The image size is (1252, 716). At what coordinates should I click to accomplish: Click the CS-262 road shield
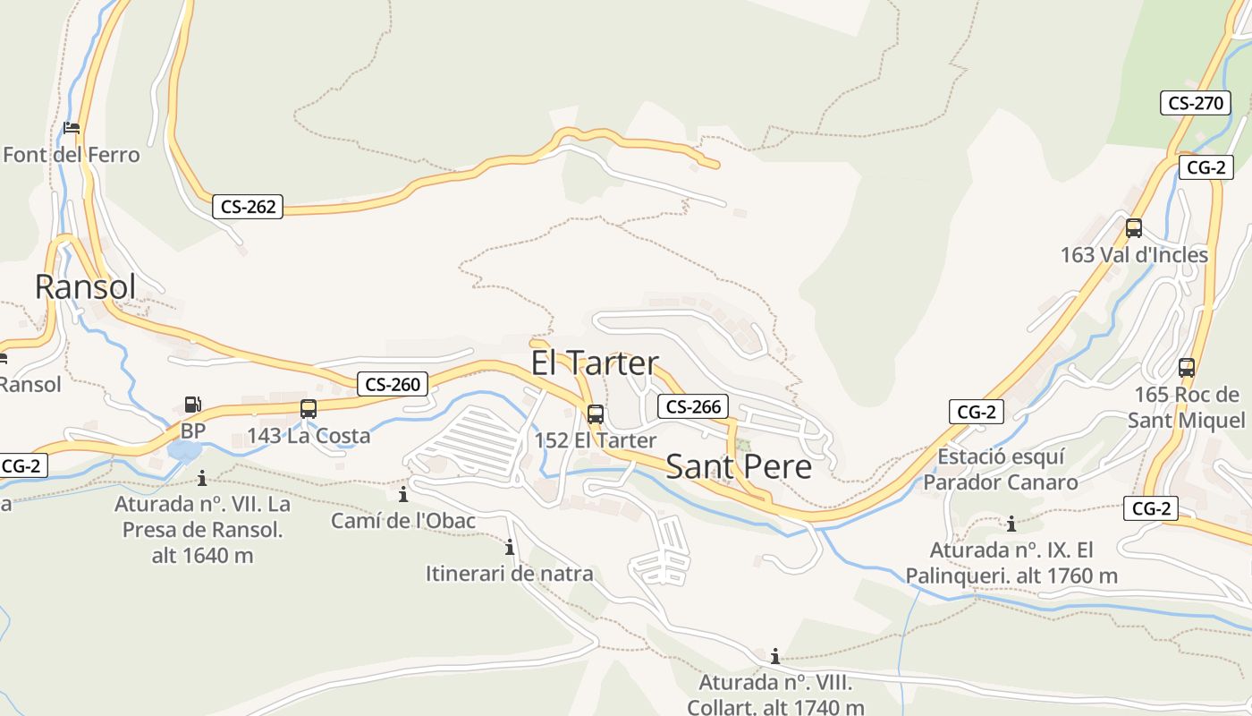point(249,207)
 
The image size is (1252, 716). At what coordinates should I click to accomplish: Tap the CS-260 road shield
point(393,385)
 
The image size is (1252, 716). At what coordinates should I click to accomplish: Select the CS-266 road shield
point(693,406)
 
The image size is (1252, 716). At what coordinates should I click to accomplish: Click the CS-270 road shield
point(1196,103)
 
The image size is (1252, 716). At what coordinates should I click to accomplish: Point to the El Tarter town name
point(595,363)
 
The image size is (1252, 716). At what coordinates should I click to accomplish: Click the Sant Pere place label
point(739,467)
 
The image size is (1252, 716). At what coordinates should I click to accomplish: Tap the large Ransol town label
point(85,286)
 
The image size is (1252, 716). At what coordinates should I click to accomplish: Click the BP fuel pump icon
point(192,405)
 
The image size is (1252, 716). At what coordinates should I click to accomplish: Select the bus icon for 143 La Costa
point(309,409)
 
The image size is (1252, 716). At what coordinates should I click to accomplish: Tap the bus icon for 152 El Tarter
point(596,414)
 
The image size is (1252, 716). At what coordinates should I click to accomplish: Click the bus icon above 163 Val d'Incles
point(1134,228)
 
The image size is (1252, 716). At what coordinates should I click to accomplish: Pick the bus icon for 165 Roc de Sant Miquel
point(1187,368)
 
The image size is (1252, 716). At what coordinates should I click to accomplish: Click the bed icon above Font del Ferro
point(72,128)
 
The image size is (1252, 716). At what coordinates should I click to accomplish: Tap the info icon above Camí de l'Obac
point(403,494)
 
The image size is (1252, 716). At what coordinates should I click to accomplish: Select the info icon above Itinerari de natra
point(510,547)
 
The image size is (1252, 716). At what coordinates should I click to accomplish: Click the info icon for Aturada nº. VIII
point(774,656)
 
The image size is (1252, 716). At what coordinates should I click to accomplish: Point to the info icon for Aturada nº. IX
point(1011,524)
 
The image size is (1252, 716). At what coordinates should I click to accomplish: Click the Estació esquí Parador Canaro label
point(1001,470)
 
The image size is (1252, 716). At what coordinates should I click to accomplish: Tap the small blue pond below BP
point(184,450)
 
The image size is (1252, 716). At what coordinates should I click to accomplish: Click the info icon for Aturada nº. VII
point(202,478)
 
